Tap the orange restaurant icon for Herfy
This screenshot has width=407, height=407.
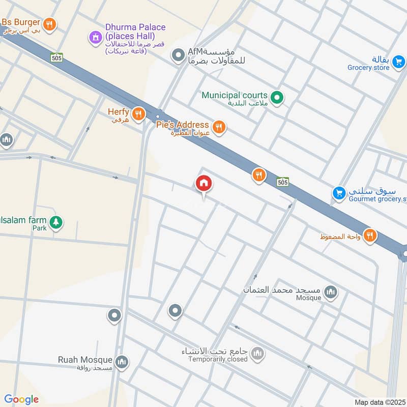pos(138,114)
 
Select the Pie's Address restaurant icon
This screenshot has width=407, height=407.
pos(219,127)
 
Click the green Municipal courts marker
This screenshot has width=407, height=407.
pos(276,97)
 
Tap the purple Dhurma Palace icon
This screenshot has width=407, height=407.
pos(95,37)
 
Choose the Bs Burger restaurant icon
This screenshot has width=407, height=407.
pos(49,24)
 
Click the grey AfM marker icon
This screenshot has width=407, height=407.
pos(178,55)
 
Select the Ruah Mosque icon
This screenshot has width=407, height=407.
pos(121,362)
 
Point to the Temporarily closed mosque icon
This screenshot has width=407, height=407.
pos(258,353)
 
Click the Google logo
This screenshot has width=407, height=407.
pos(21,399)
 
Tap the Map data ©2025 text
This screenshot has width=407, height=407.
pos(379,402)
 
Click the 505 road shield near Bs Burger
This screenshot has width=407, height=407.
pos(56,57)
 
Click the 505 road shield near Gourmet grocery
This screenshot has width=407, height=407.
pos(283,182)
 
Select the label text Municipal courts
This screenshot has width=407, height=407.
pos(235,95)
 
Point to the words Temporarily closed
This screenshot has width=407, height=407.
pos(217,359)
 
